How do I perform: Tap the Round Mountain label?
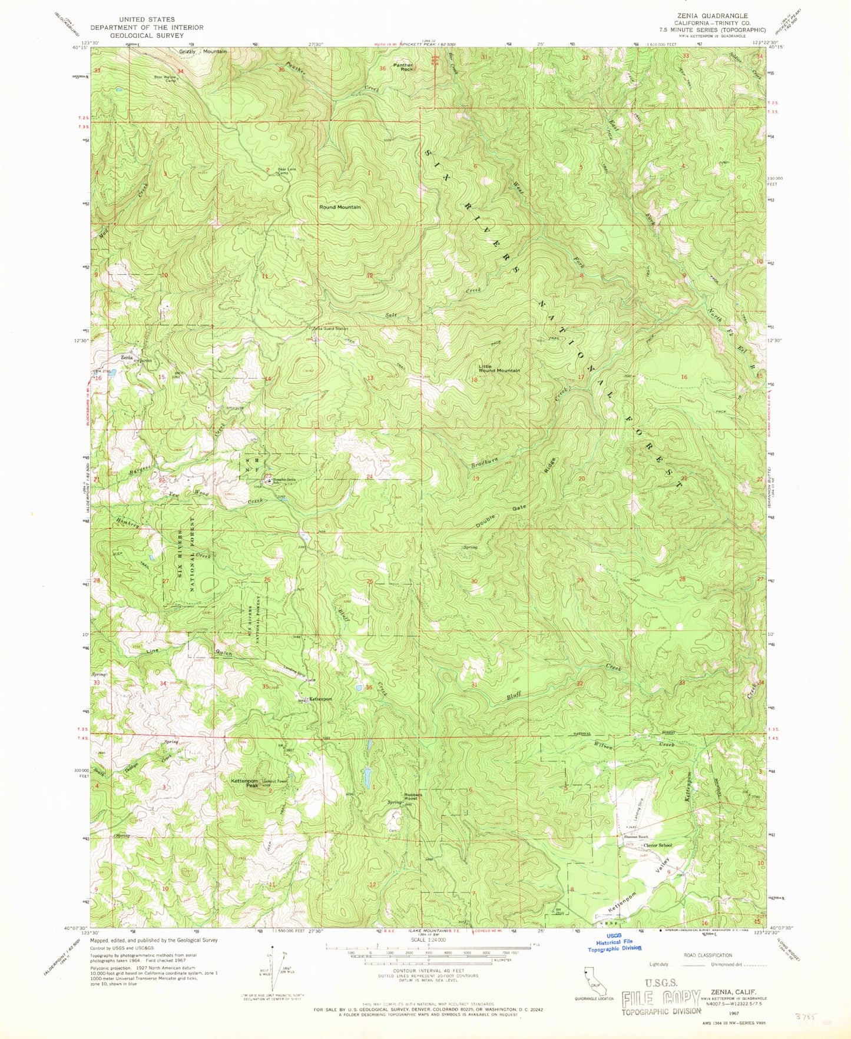[340, 207]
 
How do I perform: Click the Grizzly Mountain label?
[203, 52]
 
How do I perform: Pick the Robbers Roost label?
[410, 796]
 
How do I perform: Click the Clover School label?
[657, 845]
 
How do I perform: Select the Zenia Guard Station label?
[330, 328]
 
